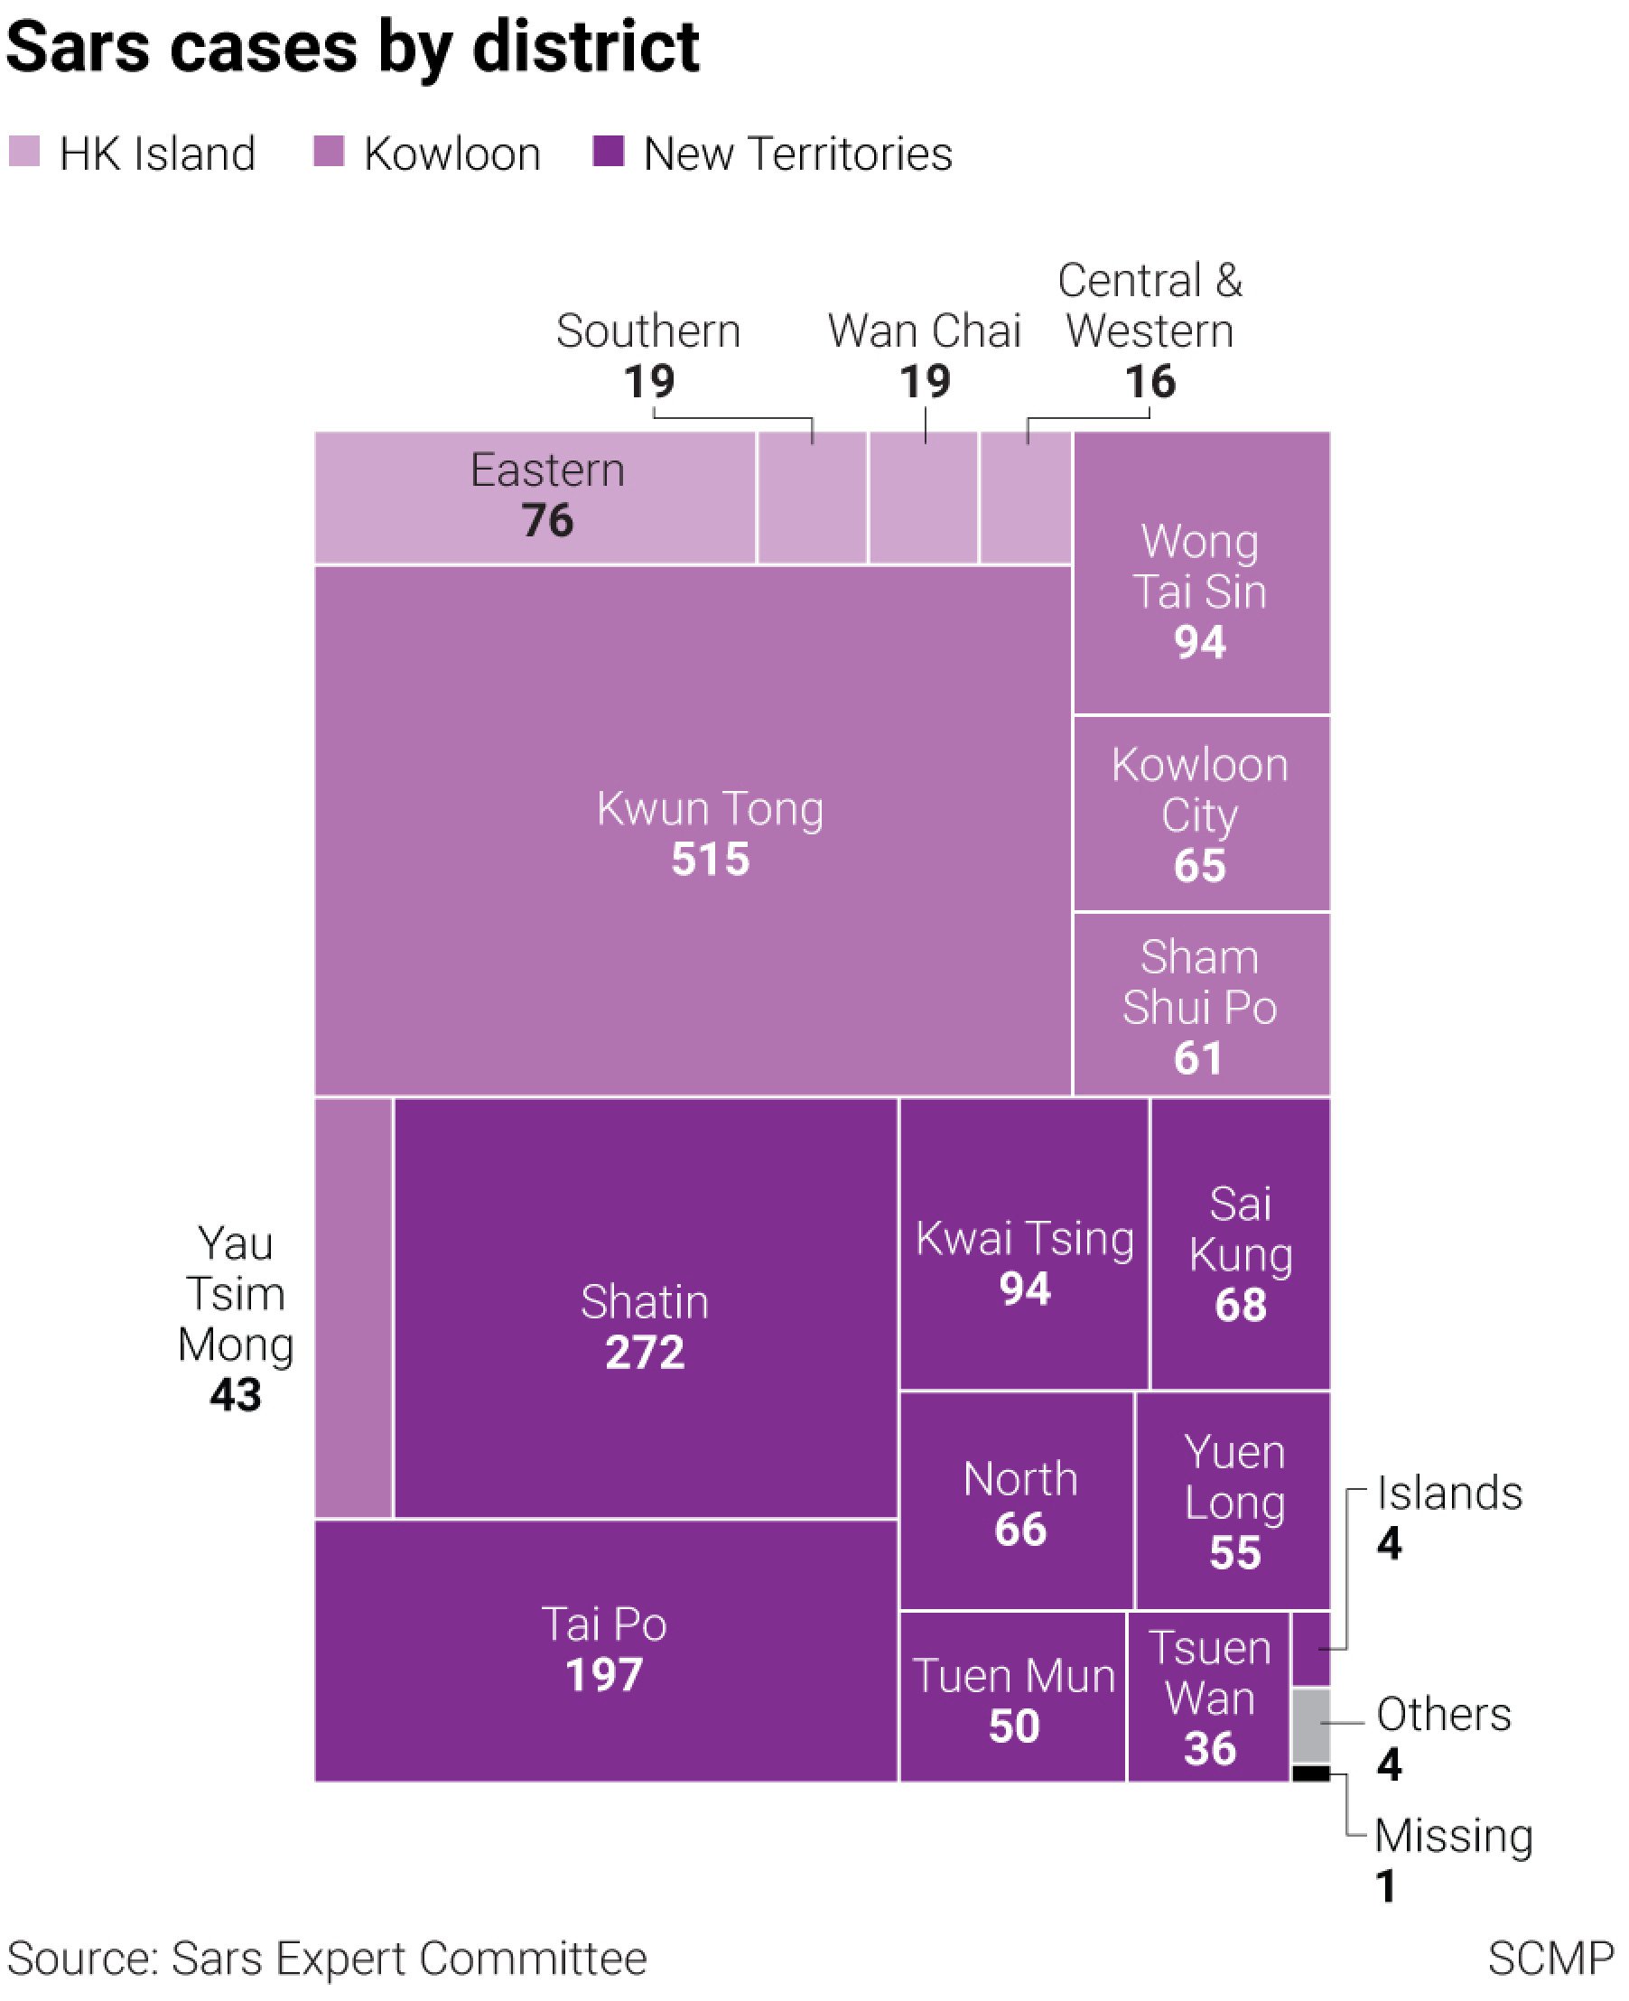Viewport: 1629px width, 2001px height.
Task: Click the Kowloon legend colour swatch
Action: click(x=329, y=151)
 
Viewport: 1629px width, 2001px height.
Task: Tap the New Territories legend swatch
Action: click(x=608, y=151)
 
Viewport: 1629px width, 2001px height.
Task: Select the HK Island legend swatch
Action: click(x=24, y=151)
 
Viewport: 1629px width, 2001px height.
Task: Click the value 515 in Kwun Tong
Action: click(x=711, y=860)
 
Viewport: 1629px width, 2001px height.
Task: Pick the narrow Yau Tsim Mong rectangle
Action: click(x=353, y=1307)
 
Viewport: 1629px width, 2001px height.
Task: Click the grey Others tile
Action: click(x=1311, y=1726)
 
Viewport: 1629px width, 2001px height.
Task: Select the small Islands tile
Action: click(x=1311, y=1648)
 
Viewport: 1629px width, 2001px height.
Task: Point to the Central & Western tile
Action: click(x=1026, y=498)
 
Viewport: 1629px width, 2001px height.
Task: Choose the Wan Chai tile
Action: click(x=924, y=498)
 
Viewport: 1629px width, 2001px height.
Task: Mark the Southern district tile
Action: click(x=812, y=498)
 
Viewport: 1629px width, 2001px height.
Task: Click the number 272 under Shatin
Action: click(x=645, y=1353)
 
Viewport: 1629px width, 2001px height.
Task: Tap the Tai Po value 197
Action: click(x=604, y=1674)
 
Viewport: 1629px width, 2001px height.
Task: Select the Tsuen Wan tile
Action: click(x=1208, y=1696)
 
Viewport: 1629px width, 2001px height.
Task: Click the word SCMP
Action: click(x=1550, y=1959)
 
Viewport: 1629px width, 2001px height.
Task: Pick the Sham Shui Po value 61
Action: click(x=1198, y=1058)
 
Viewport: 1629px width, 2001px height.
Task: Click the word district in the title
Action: click(x=585, y=47)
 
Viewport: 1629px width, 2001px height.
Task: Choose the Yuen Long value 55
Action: click(x=1234, y=1552)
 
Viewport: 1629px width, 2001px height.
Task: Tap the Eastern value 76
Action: click(x=547, y=521)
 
